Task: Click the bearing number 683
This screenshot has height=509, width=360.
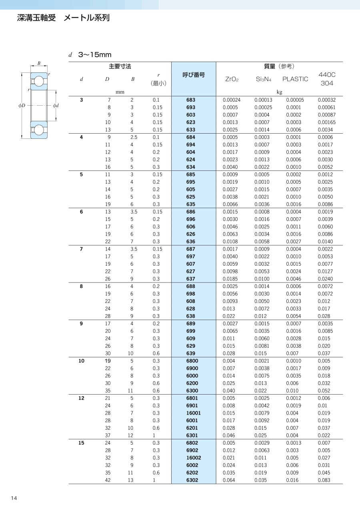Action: click(191, 100)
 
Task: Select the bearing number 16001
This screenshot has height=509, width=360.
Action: click(194, 413)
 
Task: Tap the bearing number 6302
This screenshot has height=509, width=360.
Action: click(192, 480)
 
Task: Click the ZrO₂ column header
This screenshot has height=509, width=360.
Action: click(232, 79)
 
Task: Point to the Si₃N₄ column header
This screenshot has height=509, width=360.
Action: click(264, 79)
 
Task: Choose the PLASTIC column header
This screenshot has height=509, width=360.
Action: click(295, 79)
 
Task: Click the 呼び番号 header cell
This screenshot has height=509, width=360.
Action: click(194, 75)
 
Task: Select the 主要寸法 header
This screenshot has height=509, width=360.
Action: click(120, 66)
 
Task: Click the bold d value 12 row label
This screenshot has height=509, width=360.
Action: click(82, 398)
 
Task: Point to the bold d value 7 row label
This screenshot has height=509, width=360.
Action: click(82, 249)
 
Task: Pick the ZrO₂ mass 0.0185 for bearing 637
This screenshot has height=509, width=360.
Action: click(230, 279)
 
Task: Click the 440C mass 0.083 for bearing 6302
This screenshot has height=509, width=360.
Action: click(324, 480)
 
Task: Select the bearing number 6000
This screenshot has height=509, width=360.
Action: click(192, 376)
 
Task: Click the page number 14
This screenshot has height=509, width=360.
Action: click(14, 498)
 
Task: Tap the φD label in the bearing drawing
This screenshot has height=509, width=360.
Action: click(22, 106)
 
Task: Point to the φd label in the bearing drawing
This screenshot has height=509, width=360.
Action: click(56, 106)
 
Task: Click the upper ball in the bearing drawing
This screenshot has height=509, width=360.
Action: click(39, 81)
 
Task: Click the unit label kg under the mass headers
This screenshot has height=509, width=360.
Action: click(279, 92)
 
